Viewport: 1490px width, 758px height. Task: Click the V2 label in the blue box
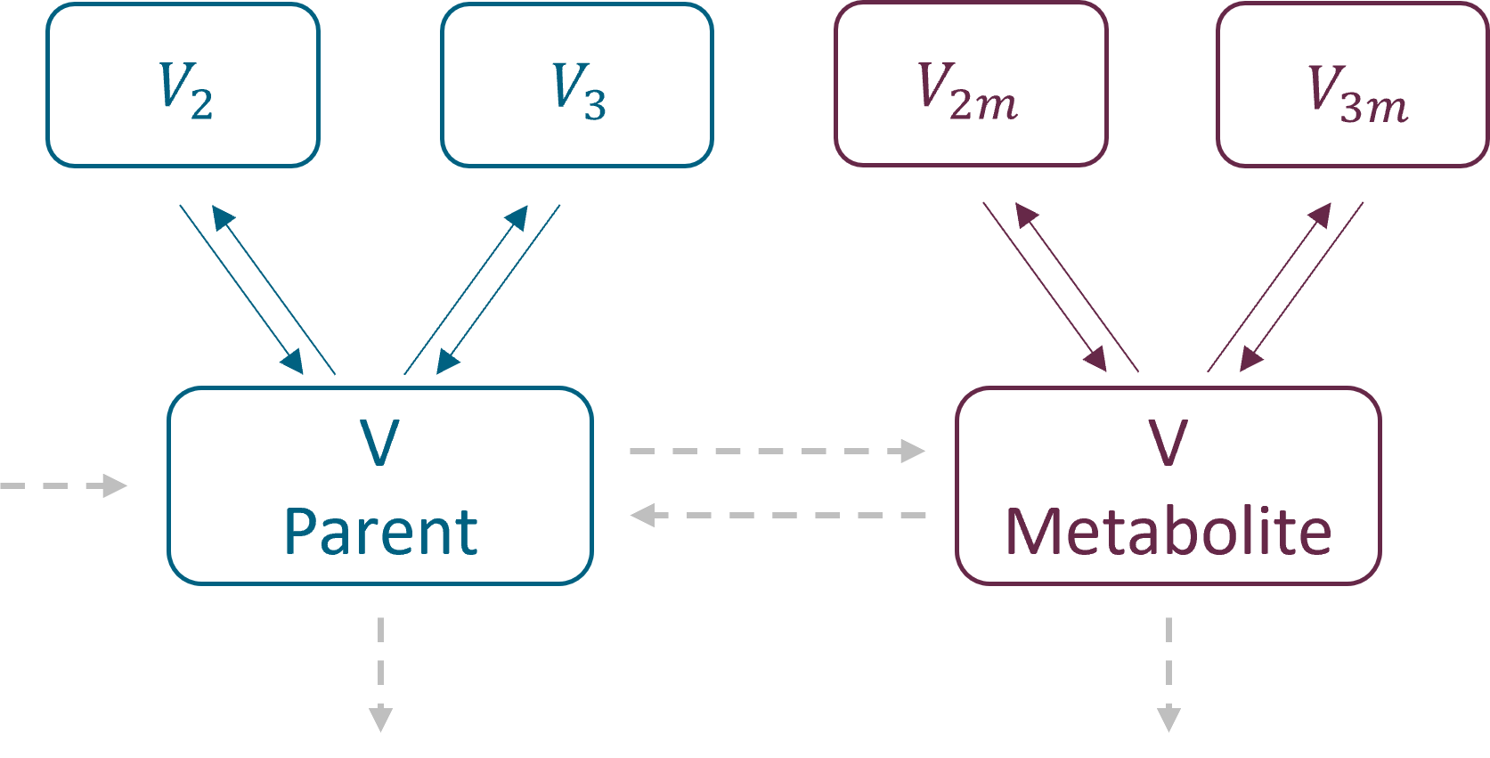tap(184, 89)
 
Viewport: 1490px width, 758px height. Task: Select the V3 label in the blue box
tap(578, 89)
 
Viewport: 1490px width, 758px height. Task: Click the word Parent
tap(380, 533)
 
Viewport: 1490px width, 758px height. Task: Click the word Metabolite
tap(1168, 533)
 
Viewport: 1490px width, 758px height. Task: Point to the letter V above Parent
tap(379, 443)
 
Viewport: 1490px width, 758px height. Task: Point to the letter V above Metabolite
tap(1168, 443)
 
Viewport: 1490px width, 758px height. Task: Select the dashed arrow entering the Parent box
tap(64, 485)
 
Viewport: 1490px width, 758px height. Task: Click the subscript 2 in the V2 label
tap(202, 105)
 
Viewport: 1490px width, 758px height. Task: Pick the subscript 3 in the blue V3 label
tap(595, 105)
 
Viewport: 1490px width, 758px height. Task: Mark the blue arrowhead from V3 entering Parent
tap(446, 362)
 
